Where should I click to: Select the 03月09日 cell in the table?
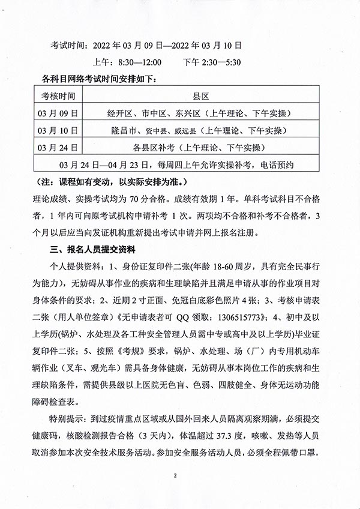click(x=59, y=113)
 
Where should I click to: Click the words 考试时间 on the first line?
click(x=68, y=45)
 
